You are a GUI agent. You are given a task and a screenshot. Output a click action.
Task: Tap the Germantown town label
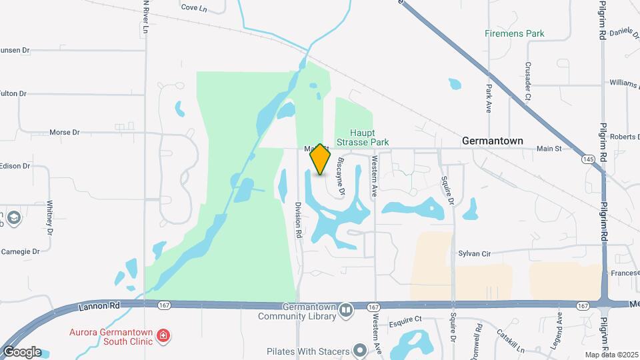[x=492, y=141]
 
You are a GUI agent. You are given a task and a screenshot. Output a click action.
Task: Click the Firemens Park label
[x=515, y=33]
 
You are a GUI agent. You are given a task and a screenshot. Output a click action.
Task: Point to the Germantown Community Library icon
[x=345, y=310]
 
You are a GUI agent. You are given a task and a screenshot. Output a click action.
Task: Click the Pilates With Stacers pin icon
[x=360, y=351]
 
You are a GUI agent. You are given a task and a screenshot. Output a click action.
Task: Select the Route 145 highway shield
[x=588, y=159]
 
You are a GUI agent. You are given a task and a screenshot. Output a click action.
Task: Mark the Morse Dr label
[x=65, y=132]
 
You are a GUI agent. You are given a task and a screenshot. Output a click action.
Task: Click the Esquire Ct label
[x=407, y=319]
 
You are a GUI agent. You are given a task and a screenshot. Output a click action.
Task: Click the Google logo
[x=22, y=352]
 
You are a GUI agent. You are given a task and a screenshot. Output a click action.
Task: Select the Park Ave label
[x=489, y=97]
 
